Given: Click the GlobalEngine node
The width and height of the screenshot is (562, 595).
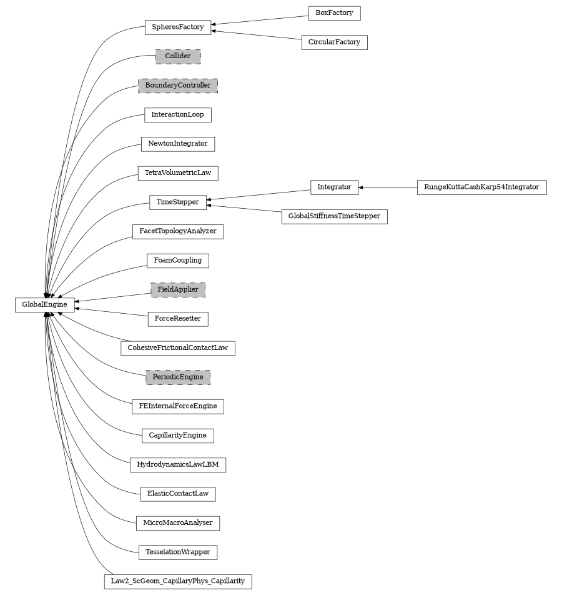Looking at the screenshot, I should pos(44,304).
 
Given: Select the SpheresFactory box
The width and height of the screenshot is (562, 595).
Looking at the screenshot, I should pos(178,27).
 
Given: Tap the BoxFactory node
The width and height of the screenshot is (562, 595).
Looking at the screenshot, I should pos(334,12).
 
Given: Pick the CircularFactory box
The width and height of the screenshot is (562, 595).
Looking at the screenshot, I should pos(334,42).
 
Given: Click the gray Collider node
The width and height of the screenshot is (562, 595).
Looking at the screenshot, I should pos(178,56).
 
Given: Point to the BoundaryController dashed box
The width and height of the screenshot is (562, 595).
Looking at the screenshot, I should pos(178,85).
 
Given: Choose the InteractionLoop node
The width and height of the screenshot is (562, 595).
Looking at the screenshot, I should pos(178,115).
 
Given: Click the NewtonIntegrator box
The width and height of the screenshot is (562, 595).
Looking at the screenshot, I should pos(178,144).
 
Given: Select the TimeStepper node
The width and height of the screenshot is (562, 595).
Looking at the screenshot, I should pos(178,202).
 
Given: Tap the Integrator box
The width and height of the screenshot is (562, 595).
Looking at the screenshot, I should pos(334,187).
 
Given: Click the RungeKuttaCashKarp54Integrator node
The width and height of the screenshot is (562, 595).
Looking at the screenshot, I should pos(481,187).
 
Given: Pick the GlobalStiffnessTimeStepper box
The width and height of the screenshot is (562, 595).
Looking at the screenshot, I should pos(334,216).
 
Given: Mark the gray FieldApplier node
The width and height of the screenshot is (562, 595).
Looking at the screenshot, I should pos(178,289).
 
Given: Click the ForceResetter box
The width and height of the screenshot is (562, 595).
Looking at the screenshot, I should pos(178,319).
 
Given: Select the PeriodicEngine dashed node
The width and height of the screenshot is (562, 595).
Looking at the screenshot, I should pos(178,377).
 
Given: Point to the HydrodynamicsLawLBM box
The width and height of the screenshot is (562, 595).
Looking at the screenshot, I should pos(178,465).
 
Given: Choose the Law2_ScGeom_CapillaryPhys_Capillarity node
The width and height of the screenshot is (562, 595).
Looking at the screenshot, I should pos(178,581).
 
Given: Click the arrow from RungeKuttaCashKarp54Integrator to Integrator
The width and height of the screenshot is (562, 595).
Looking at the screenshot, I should pos(388,187).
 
